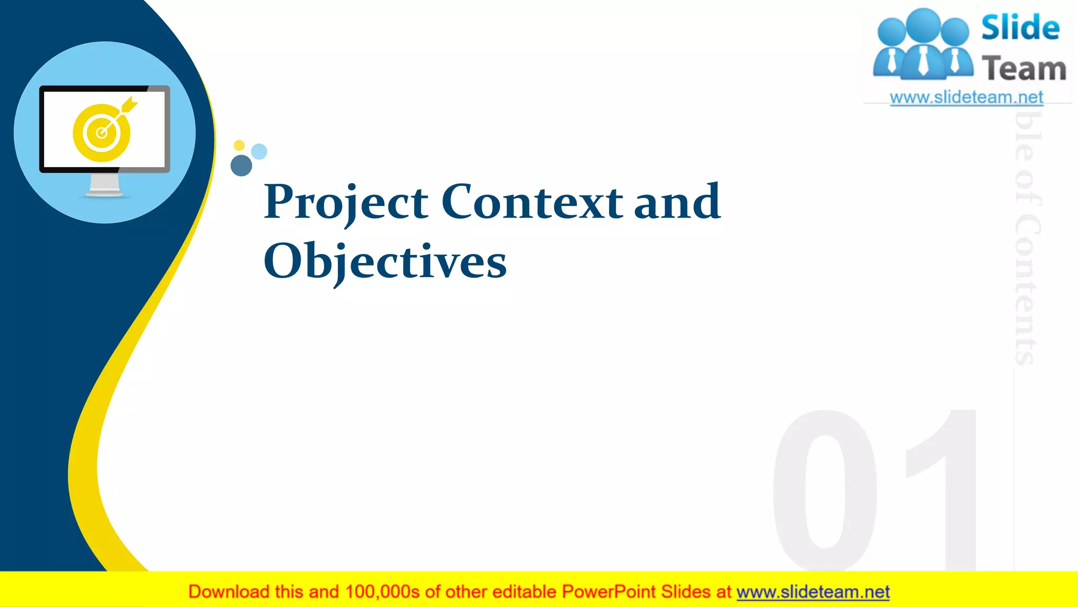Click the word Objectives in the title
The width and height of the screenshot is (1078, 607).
[x=385, y=262]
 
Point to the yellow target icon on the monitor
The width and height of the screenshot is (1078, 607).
[x=101, y=133]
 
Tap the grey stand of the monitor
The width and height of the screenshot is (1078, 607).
[x=104, y=185]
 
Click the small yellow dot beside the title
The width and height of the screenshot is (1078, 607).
[x=239, y=145]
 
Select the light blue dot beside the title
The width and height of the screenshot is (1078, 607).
[x=259, y=152]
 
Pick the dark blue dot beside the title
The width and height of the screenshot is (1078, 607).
[x=241, y=165]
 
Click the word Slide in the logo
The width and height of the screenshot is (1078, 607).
[x=1020, y=27]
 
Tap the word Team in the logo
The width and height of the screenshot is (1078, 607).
[x=1024, y=69]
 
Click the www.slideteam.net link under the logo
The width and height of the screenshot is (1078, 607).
[x=966, y=97]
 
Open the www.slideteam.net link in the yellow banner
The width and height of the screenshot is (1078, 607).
[x=813, y=592]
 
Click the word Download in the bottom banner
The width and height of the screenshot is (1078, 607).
[x=228, y=592]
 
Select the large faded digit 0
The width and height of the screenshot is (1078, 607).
[x=824, y=490]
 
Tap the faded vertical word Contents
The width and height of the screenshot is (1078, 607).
[x=1026, y=290]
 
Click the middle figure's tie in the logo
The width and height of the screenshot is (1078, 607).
[x=923, y=61]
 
